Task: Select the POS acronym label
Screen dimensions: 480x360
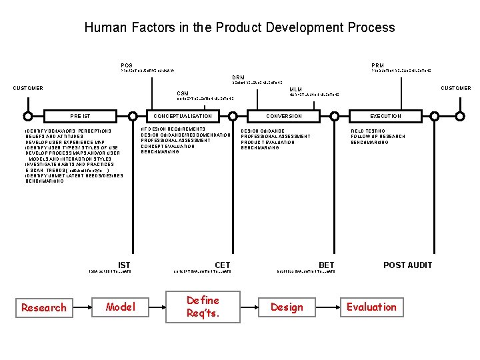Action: [x=126, y=65]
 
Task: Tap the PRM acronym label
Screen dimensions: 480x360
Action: [x=377, y=65]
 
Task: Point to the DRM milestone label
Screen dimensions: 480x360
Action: [x=238, y=77]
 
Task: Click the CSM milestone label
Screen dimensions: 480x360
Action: [x=182, y=93]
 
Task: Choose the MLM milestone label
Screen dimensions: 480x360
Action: [x=295, y=89]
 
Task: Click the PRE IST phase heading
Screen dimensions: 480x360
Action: [x=81, y=116]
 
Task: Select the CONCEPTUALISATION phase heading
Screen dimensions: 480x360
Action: [x=183, y=116]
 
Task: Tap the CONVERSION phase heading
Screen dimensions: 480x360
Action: [x=284, y=116]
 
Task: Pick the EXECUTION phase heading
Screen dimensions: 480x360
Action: [x=386, y=116]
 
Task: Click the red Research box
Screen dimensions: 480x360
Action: [x=44, y=307]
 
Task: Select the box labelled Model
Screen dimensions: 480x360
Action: [x=121, y=307]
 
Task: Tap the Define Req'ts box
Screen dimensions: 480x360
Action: [x=203, y=307]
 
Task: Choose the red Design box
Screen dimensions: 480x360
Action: [x=287, y=307]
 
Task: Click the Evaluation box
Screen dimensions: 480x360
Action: [x=371, y=307]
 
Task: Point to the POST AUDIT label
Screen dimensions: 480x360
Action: [x=407, y=265]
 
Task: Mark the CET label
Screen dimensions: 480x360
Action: [x=223, y=265]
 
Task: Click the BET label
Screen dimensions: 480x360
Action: [x=327, y=265]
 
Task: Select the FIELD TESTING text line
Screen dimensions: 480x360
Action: [x=368, y=131]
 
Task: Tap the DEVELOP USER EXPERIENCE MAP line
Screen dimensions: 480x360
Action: [x=65, y=142]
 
